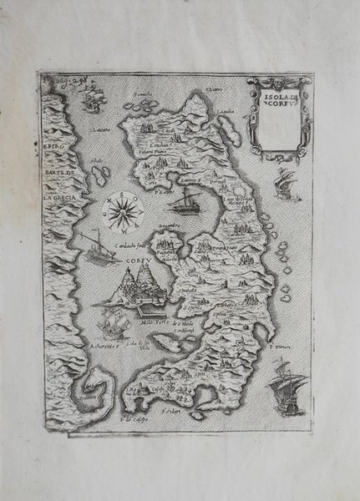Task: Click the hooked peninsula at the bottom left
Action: tap(87, 396)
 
